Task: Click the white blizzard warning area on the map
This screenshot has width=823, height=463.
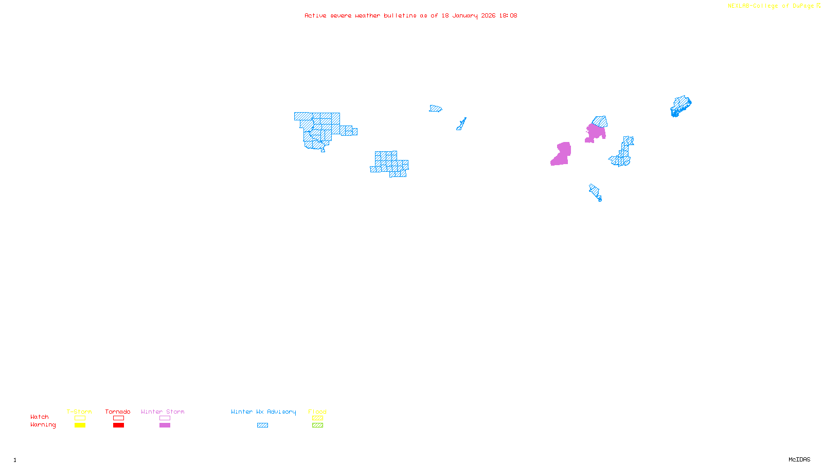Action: [349, 119]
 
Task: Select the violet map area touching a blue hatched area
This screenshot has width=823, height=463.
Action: [596, 133]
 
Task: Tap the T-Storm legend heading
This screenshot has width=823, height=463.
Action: [79, 412]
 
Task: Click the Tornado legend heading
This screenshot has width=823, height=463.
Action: [118, 412]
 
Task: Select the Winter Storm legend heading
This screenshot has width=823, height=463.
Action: [163, 412]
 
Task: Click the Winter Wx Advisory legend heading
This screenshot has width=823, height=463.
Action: [263, 412]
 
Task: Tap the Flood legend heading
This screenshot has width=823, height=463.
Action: [317, 412]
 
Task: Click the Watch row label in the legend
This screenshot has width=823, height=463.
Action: [40, 417]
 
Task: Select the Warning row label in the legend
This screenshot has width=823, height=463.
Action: [43, 425]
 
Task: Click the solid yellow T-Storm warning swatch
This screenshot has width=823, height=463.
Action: [80, 425]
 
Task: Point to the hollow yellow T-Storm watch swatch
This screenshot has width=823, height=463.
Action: [80, 418]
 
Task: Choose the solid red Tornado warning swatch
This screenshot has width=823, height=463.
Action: [118, 425]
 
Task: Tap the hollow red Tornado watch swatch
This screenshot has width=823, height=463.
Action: [118, 418]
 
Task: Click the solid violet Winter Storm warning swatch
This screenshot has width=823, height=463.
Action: [165, 425]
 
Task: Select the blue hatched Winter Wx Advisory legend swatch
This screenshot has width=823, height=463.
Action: [262, 425]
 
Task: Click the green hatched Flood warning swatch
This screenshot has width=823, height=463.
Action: [317, 425]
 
